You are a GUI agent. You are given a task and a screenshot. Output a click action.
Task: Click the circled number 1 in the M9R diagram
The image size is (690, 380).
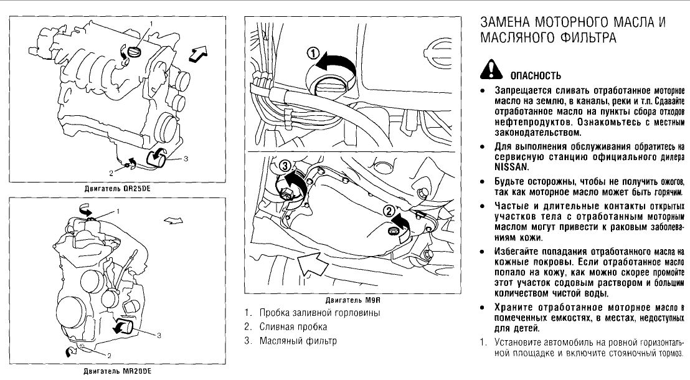(x=313, y=54)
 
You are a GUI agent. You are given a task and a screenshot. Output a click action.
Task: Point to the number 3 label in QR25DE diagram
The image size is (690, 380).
(x=186, y=159)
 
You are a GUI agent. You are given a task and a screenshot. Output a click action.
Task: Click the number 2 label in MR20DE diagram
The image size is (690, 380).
(x=109, y=356)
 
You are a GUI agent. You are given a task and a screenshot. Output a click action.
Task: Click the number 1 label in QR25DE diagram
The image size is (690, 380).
(x=150, y=24)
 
